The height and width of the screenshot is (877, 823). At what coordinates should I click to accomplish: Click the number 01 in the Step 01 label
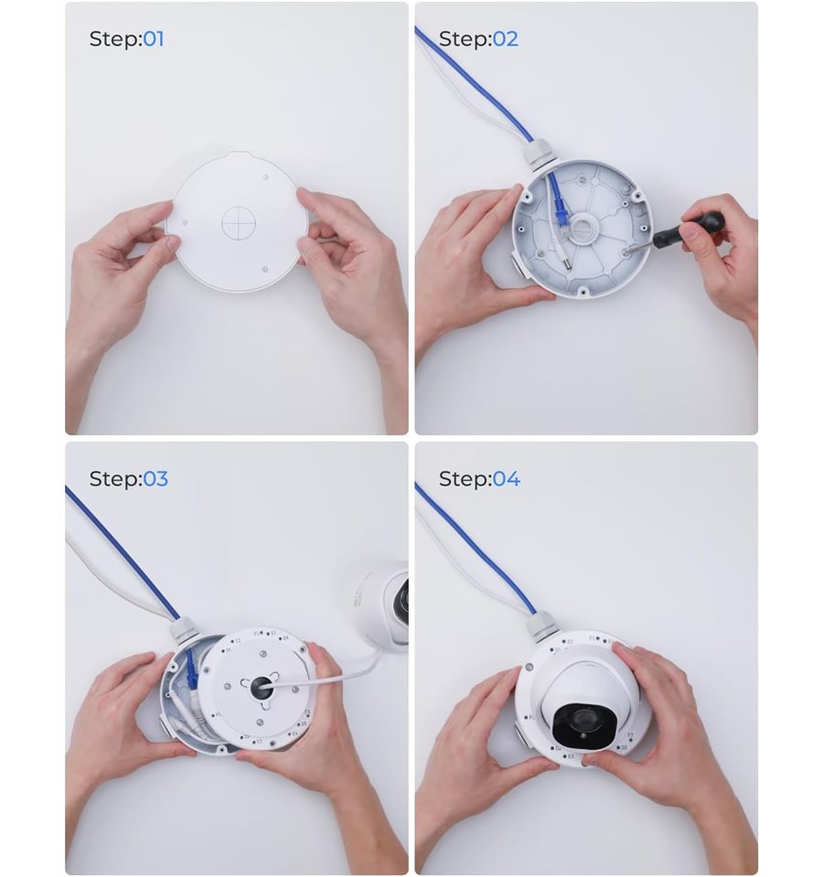point(154,39)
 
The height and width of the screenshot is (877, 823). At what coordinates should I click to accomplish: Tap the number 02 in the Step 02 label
point(506,39)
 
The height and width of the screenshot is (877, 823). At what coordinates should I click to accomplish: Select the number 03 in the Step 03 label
point(155,479)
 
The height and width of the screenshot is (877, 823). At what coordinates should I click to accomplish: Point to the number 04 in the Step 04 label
point(506,479)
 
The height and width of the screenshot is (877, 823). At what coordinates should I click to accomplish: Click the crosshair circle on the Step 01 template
point(239,222)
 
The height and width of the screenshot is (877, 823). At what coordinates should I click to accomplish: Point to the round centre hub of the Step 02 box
point(583,230)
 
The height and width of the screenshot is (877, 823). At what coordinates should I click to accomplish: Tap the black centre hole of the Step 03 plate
point(262,686)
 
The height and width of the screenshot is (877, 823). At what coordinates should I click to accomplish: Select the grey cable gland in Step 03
point(184,632)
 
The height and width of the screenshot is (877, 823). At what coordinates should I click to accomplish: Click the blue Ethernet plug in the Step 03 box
point(192,671)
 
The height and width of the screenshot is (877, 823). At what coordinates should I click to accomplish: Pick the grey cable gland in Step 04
point(540,625)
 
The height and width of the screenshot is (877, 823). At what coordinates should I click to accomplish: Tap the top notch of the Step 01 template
point(240,154)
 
